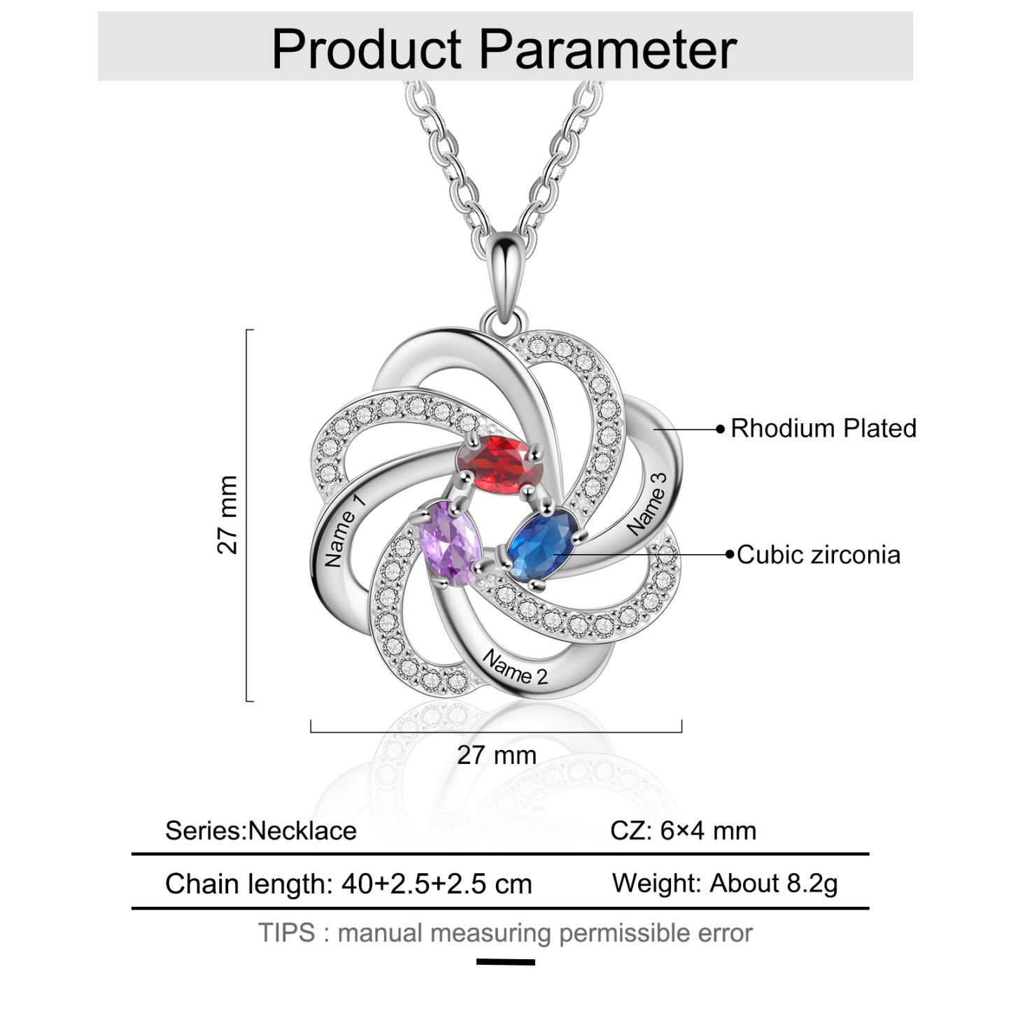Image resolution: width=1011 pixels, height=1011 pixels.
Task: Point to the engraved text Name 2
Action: tap(515, 667)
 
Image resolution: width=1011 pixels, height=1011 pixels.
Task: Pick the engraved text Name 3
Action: tap(646, 504)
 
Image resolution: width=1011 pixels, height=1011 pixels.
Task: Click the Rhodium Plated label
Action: tap(823, 428)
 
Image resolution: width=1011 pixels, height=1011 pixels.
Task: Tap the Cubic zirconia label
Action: tap(819, 555)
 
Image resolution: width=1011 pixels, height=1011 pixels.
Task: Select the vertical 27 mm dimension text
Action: tap(228, 515)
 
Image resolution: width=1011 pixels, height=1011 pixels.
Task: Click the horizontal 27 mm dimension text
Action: tap(497, 755)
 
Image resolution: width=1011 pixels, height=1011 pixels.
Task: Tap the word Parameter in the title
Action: tap(607, 49)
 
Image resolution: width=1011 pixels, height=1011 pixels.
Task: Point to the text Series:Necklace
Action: tap(260, 830)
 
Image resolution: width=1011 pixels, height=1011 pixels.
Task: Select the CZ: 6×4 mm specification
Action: tap(683, 830)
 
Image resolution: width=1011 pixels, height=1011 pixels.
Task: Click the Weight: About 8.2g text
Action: tap(725, 884)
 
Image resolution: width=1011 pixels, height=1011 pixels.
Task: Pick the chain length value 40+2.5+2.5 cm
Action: tap(437, 884)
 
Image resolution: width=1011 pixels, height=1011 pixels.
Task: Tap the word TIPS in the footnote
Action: tap(287, 933)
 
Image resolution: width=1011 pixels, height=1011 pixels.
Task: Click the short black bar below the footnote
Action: tap(505, 962)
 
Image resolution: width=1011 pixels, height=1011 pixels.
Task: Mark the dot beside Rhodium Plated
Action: tap(721, 429)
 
